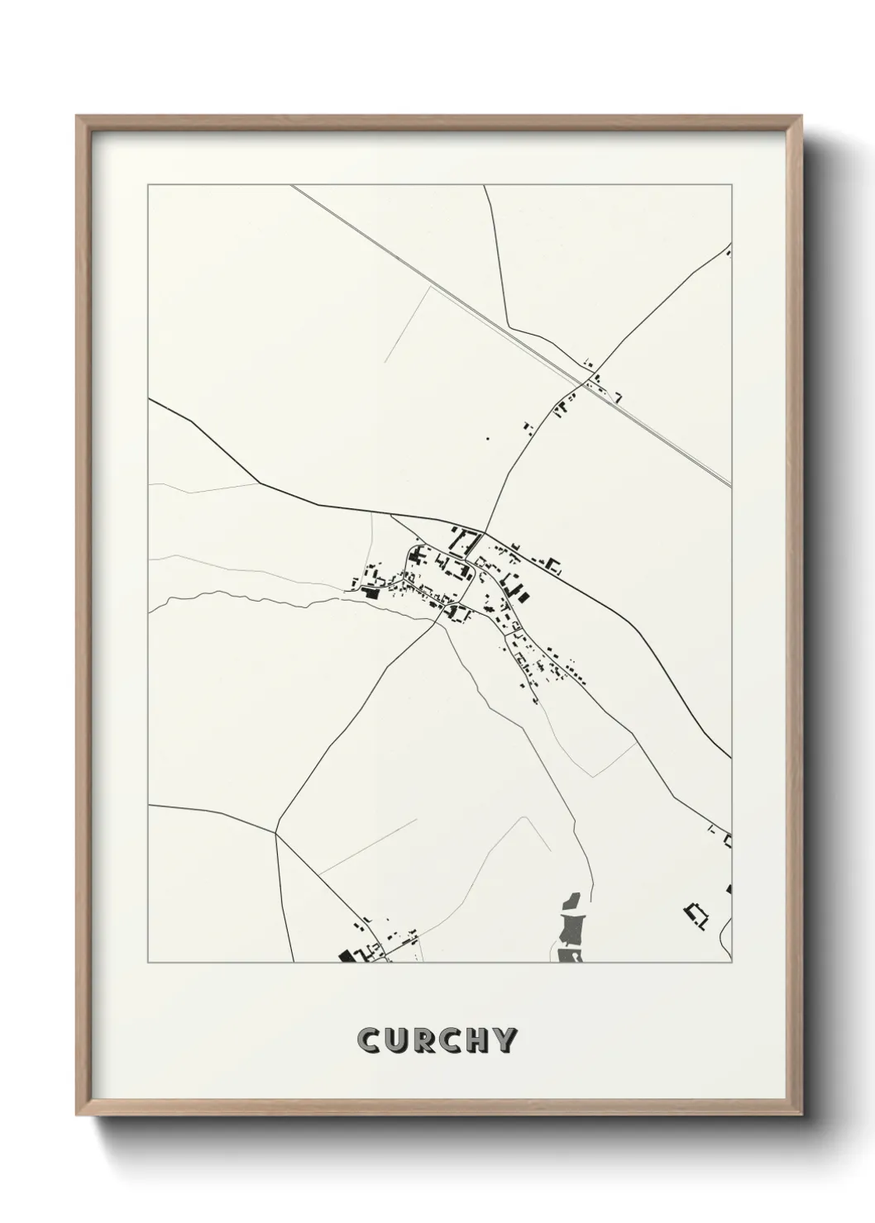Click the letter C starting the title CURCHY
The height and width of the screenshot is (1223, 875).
click(x=369, y=1041)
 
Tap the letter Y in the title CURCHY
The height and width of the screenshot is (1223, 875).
click(x=505, y=1041)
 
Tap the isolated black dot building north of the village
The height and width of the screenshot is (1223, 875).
click(x=487, y=439)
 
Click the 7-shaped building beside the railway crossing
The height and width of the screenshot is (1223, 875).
click(x=616, y=397)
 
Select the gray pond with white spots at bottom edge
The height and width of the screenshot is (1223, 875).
click(x=569, y=956)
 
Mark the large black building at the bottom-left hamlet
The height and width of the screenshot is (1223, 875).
click(x=346, y=955)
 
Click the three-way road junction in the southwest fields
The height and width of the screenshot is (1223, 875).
click(x=275, y=833)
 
